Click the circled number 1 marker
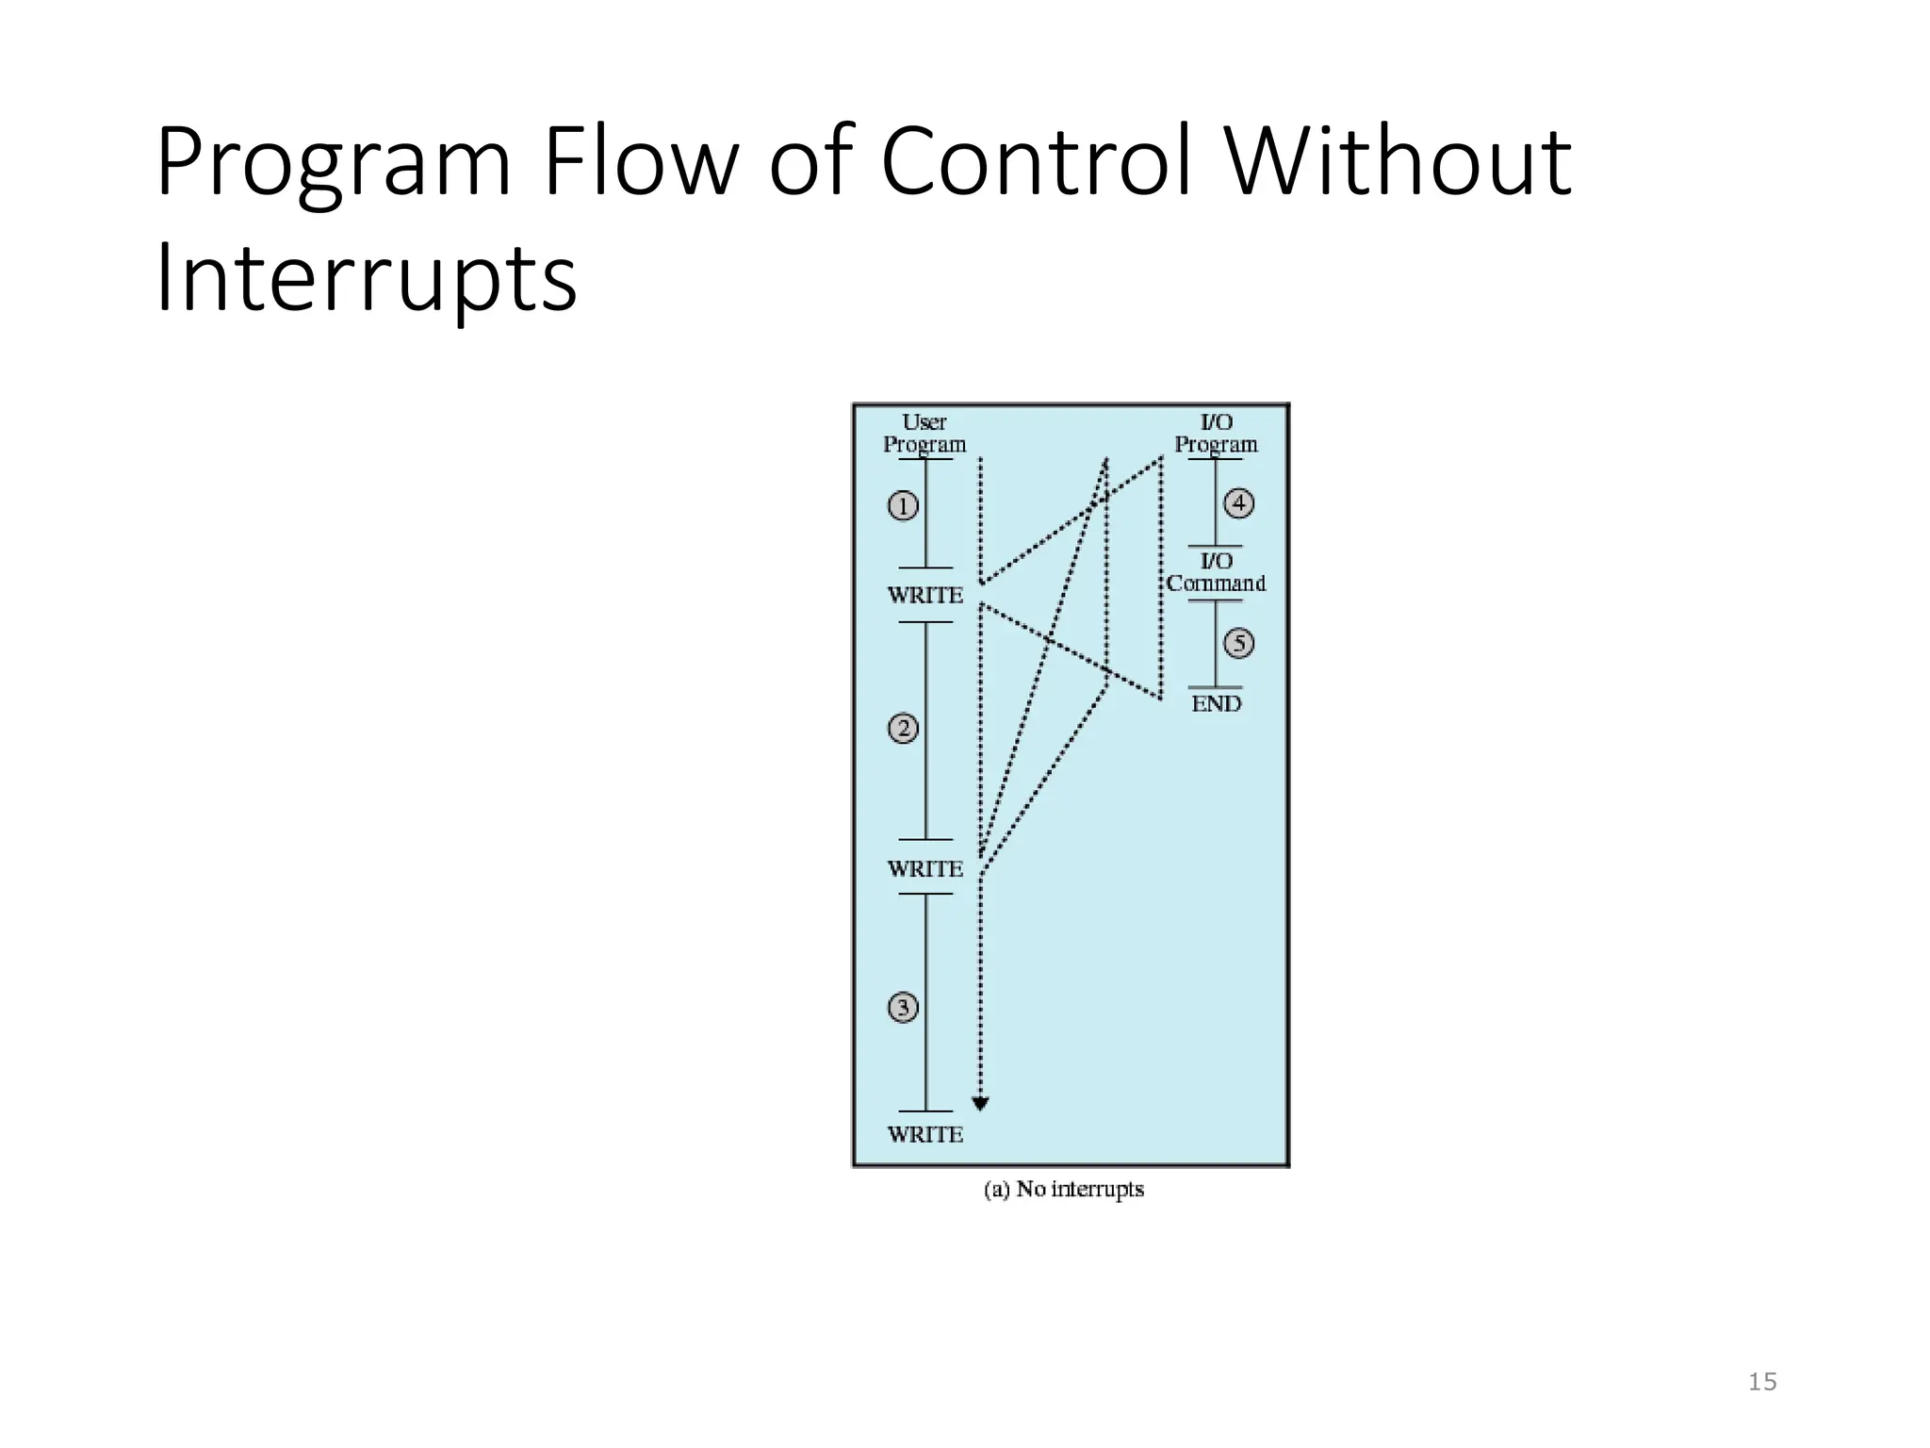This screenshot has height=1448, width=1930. coord(903,506)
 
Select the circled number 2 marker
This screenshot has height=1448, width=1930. coord(903,729)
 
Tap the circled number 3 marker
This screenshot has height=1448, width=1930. coord(903,1008)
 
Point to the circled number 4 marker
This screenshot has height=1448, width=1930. coord(1238,503)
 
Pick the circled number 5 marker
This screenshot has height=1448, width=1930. coord(1238,644)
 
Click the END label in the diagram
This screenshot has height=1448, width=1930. coord(1216,703)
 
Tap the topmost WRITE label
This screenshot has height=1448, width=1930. coord(924,595)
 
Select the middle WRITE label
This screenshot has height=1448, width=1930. coord(924,868)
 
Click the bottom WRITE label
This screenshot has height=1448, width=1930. coord(924,1134)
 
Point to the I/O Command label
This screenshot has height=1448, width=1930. coord(1216,572)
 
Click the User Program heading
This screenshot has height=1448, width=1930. coord(924,434)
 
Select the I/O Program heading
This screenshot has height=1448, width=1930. coord(1216,434)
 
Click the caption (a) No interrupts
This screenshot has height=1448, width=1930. coord(1064,1190)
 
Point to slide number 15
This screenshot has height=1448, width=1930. coord(1761,1382)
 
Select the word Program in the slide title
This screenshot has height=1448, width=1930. coord(333,165)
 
